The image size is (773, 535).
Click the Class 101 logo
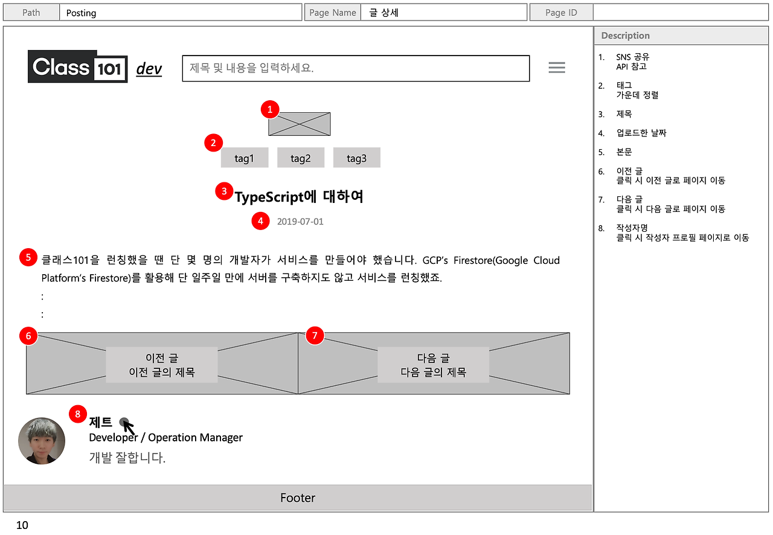tap(78, 66)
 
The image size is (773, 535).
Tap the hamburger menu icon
tap(556, 68)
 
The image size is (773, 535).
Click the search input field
tap(356, 68)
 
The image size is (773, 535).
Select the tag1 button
tap(244, 158)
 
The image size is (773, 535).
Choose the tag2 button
tap(300, 158)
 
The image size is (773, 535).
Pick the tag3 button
tap(356, 158)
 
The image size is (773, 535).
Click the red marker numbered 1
tap(269, 109)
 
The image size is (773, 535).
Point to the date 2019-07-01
tap(300, 222)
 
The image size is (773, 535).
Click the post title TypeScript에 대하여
tap(299, 197)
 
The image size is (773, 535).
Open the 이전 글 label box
tap(162, 365)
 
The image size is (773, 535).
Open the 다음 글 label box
tap(433, 365)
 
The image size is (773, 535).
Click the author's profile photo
tap(42, 441)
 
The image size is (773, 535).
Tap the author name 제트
tap(100, 422)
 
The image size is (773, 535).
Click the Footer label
tap(298, 498)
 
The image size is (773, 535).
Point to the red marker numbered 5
tap(28, 257)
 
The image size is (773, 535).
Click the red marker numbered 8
tap(77, 414)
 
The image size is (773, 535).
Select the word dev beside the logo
tap(149, 69)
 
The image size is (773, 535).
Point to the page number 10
tap(22, 525)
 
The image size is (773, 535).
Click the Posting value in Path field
tap(81, 13)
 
